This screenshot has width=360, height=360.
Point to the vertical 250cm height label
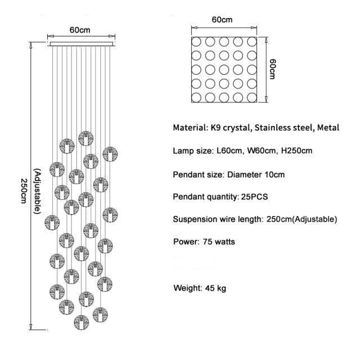[23, 192]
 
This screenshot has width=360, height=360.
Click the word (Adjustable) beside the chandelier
[37, 191]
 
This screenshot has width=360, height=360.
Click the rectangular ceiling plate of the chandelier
[82, 44]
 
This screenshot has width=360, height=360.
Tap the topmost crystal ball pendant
[85, 137]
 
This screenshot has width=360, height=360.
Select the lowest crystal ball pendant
[82, 323]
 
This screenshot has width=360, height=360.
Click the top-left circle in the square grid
[197, 43]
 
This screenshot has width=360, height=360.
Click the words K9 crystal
[229, 128]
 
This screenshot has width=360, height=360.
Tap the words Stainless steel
[284, 128]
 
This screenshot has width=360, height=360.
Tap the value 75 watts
[217, 242]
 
